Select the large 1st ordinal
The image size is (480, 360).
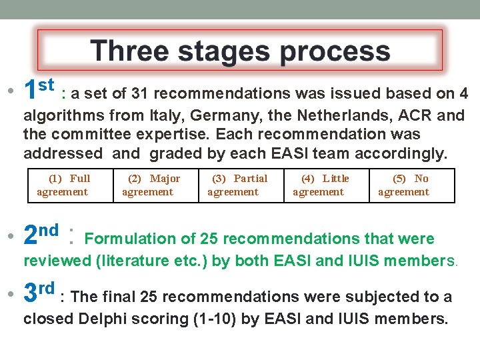(x=38, y=88)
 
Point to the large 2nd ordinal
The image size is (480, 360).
(x=39, y=234)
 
